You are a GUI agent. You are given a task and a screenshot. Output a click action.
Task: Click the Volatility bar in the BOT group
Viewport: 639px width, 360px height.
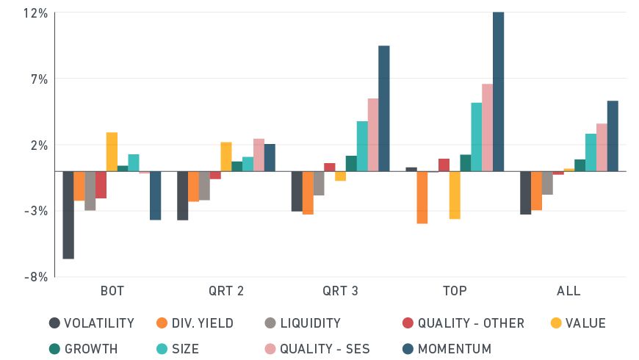[68, 215]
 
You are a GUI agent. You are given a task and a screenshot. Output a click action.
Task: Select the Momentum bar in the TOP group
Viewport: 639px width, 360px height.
[498, 91]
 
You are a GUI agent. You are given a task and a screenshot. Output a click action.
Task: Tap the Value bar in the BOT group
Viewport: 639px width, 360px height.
[112, 151]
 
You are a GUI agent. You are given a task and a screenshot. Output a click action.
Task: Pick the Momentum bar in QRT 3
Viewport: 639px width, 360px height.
[383, 108]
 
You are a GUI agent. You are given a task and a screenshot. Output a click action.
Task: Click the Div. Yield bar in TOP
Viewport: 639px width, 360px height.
[422, 197]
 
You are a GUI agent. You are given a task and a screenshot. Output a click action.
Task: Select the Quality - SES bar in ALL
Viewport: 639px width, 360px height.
[602, 147]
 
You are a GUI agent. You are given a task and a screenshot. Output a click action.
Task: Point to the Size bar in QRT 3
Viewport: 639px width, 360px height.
[362, 145]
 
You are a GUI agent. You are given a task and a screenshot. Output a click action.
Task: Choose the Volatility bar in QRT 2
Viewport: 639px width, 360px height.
[183, 195]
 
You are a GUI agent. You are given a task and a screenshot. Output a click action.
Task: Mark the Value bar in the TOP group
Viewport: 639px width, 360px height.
[455, 195]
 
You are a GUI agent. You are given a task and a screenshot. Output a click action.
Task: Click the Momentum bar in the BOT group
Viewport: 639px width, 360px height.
[155, 195]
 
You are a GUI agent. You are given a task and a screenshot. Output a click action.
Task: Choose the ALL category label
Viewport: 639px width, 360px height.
[568, 291]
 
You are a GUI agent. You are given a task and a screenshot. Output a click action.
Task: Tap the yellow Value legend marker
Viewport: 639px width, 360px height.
[556, 323]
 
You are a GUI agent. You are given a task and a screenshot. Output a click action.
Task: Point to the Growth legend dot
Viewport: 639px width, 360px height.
[54, 349]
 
